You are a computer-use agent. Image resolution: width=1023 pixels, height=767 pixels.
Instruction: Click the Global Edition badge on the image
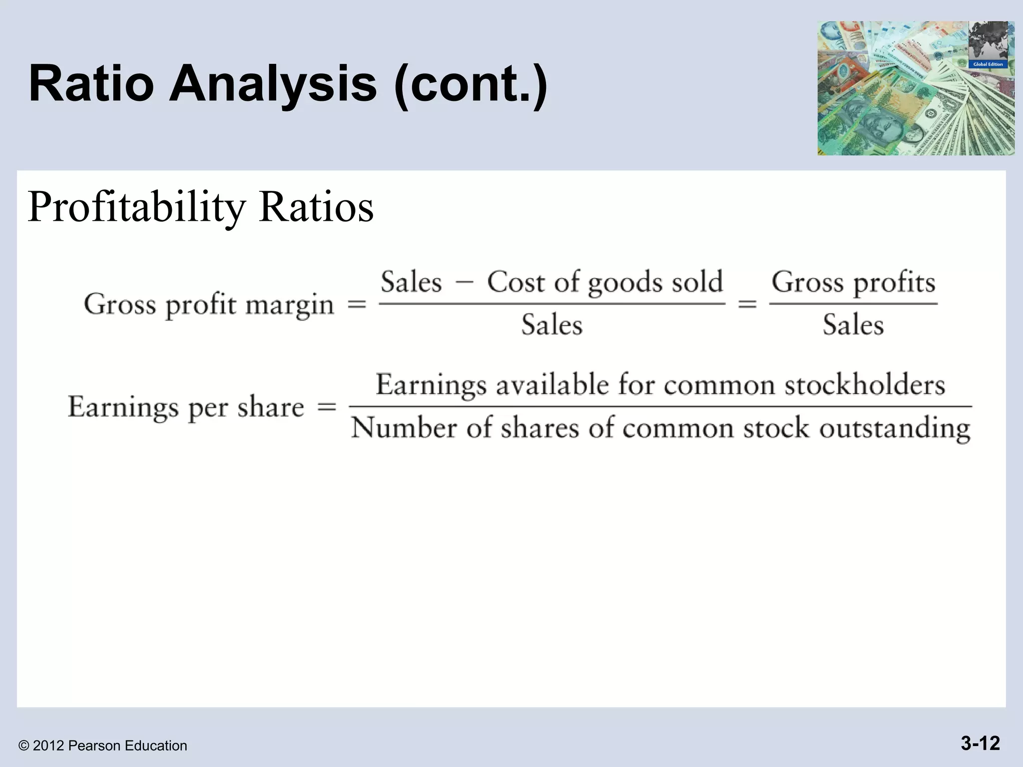pyautogui.click(x=988, y=64)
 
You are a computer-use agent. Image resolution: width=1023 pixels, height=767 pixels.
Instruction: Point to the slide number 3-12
pyautogui.click(x=980, y=743)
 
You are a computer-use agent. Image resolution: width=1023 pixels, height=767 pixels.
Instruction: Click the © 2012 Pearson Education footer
pyautogui.click(x=103, y=746)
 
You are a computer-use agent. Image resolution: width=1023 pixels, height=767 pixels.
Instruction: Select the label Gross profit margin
pyautogui.click(x=209, y=305)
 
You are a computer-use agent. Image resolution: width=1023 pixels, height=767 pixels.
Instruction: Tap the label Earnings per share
pyautogui.click(x=186, y=407)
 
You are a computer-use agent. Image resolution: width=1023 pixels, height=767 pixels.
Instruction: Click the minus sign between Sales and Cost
pyautogui.click(x=464, y=283)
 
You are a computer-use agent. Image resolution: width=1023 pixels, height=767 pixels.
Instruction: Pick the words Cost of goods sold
pyautogui.click(x=605, y=283)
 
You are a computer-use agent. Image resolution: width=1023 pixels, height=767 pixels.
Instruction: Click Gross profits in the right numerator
pyautogui.click(x=853, y=283)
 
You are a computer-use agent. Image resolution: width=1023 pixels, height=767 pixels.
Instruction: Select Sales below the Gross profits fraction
pyautogui.click(x=853, y=325)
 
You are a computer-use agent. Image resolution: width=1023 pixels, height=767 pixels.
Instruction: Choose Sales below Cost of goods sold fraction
pyautogui.click(x=552, y=325)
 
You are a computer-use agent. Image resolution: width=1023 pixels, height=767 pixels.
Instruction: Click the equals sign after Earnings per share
pyautogui.click(x=327, y=407)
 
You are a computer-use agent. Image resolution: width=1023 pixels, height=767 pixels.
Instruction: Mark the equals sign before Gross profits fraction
pyautogui.click(x=747, y=304)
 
